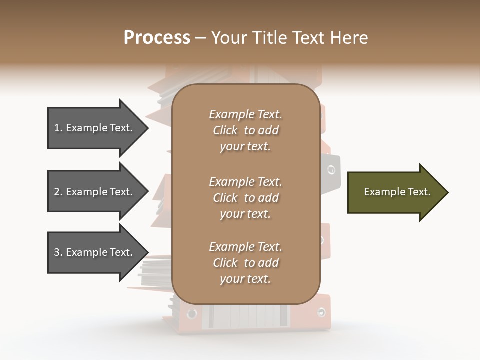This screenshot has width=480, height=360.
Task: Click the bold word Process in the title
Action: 157,38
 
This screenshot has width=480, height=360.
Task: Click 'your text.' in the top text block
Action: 245,147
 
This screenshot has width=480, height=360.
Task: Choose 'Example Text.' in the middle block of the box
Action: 245,181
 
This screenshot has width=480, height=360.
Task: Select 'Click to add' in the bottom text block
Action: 245,263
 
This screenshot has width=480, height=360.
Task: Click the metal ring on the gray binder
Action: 331,170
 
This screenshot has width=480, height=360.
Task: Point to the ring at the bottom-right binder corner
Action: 321,312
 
